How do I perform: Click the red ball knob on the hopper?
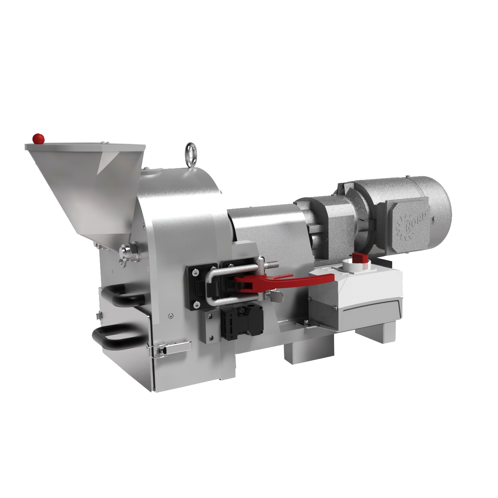click(38, 139)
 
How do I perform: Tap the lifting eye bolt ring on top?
click(191, 153)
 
